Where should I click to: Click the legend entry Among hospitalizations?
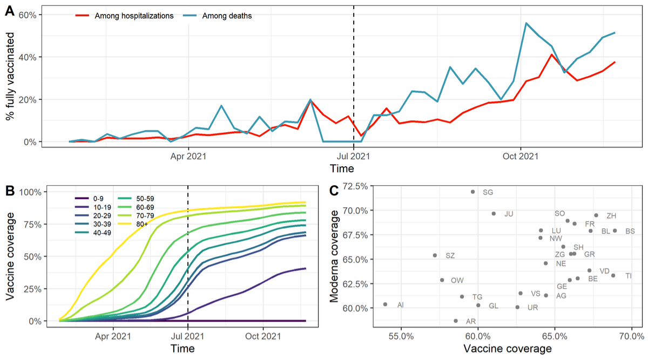pyautogui.click(x=133, y=16)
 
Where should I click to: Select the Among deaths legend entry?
pyautogui.click(x=227, y=16)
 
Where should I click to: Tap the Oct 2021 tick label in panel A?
pyautogui.click(x=520, y=157)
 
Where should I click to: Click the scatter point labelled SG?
pyautogui.click(x=473, y=192)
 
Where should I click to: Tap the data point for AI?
pyautogui.click(x=385, y=304)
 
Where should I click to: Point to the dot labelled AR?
pyautogui.click(x=456, y=321)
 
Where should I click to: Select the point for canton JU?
pyautogui.click(x=494, y=214)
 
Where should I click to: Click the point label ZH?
pyautogui.click(x=611, y=216)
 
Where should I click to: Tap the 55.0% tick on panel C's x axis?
pyautogui.click(x=401, y=336)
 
